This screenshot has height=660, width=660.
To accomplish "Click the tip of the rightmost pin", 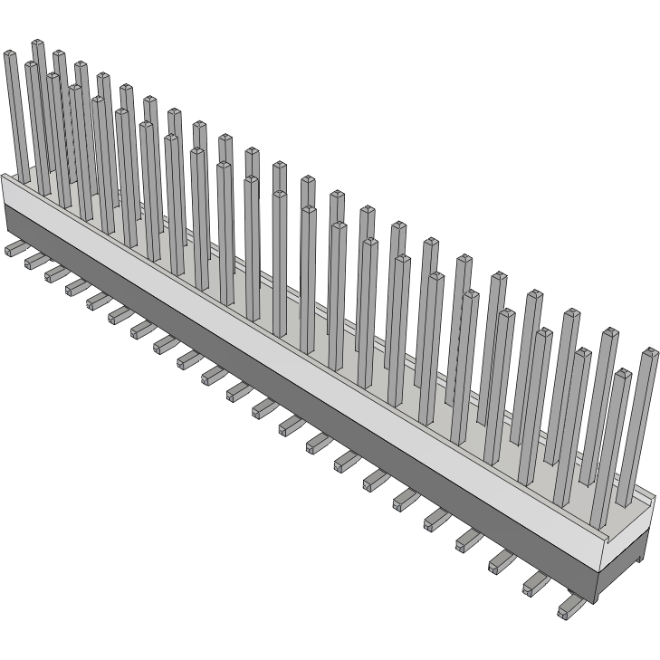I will (x=649, y=351).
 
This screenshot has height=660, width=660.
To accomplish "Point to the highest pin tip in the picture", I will (x=37, y=43).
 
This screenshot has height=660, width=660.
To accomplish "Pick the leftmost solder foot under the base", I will (x=14, y=247).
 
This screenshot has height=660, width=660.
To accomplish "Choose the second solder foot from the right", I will (x=534, y=585).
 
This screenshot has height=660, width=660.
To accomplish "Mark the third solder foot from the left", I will (x=55, y=273).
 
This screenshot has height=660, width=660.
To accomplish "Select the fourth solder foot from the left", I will (x=76, y=287).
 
